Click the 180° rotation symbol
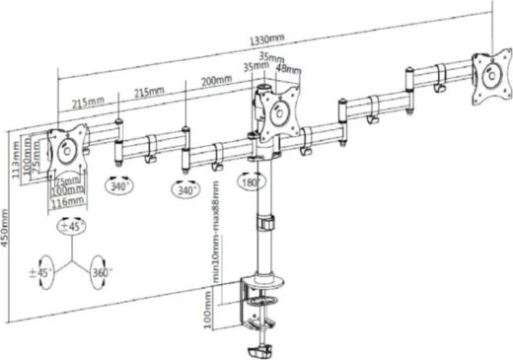[x=249, y=182]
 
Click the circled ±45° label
[x=71, y=226]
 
